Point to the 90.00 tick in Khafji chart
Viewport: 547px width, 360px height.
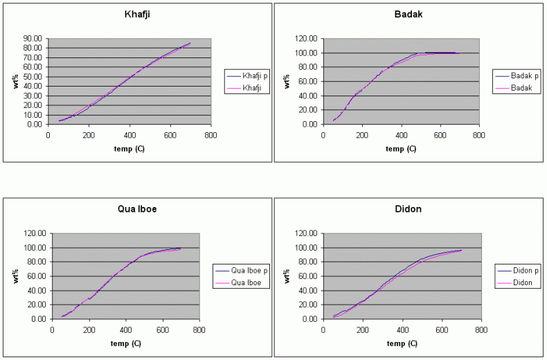click(x=32, y=39)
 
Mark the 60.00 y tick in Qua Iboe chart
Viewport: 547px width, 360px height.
click(x=35, y=276)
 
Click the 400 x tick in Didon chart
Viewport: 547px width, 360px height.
click(x=401, y=330)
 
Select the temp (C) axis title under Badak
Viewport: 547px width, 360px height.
click(x=401, y=148)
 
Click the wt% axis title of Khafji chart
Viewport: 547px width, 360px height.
click(x=14, y=82)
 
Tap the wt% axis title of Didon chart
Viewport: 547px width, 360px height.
click(x=287, y=276)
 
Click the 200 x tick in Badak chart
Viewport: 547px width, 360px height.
click(x=362, y=136)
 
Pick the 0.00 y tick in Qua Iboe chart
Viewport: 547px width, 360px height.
click(x=37, y=319)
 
